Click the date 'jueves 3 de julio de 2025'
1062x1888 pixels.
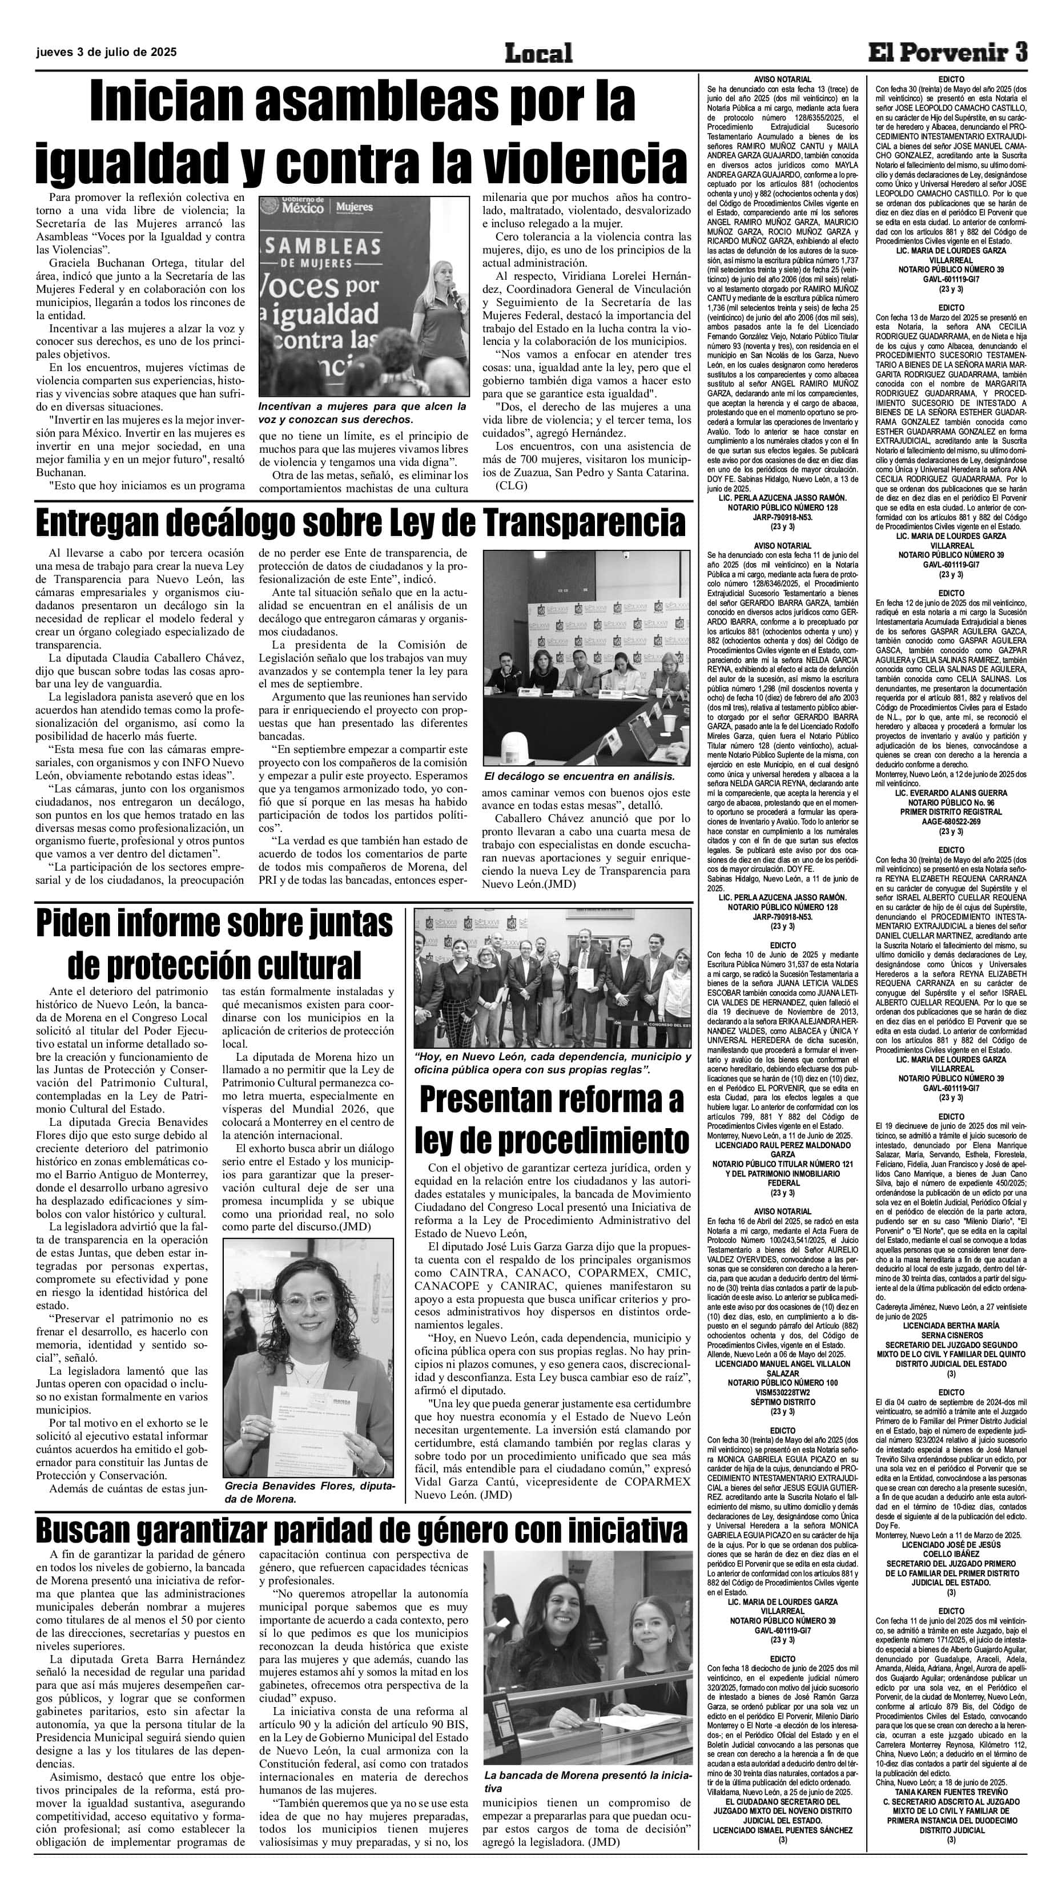pyautogui.click(x=106, y=52)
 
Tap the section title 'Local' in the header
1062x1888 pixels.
pyautogui.click(x=538, y=53)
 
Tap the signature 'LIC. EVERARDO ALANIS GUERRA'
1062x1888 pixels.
pyautogui.click(x=951, y=793)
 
